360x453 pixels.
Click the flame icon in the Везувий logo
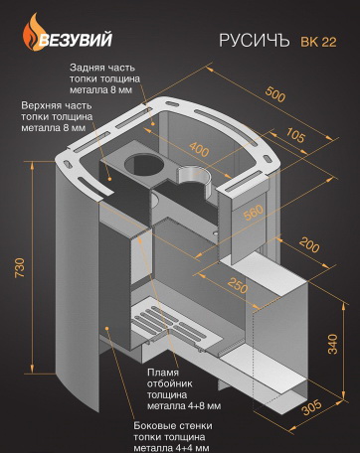[x=32, y=32]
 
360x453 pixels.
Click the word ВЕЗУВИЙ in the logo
[x=76, y=40]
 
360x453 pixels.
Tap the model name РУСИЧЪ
[x=254, y=41]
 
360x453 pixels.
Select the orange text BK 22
[x=318, y=42]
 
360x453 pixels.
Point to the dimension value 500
[x=274, y=93]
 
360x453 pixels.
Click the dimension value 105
[x=294, y=135]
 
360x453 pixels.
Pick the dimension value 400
[x=199, y=149]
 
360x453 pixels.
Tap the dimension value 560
[x=254, y=213]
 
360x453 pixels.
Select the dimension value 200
[x=309, y=244]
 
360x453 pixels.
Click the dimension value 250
[x=238, y=285]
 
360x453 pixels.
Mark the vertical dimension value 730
[x=20, y=267]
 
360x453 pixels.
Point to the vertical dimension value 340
[x=332, y=344]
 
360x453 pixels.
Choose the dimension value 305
[x=311, y=407]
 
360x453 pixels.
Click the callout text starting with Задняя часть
[x=104, y=78]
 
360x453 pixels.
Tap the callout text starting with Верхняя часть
[x=57, y=116]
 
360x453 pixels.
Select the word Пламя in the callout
[x=163, y=373]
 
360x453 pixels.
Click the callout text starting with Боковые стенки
[x=173, y=437]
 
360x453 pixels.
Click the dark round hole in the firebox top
[x=144, y=164]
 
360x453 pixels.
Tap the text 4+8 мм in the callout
[x=201, y=405]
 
